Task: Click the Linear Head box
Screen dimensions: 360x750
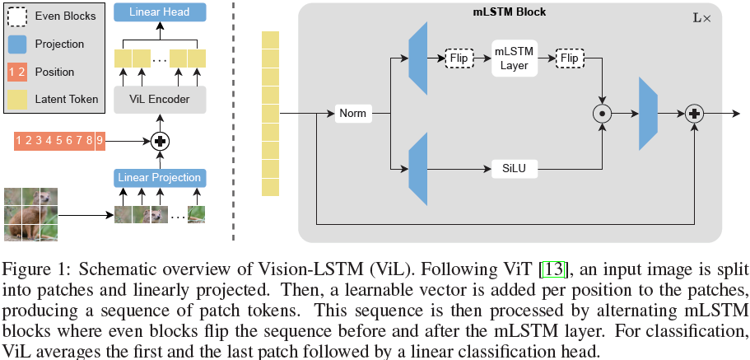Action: (x=159, y=12)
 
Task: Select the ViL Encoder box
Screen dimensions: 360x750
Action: (x=159, y=100)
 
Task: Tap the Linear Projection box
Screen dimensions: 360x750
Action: (x=159, y=178)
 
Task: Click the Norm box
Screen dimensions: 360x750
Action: (x=354, y=114)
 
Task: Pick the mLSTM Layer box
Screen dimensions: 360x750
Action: (x=513, y=58)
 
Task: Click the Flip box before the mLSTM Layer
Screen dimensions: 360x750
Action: (x=458, y=58)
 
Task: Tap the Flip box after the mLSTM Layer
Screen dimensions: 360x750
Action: (x=568, y=58)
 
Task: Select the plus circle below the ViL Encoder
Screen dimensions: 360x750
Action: (x=159, y=140)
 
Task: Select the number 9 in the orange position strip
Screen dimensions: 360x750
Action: (x=100, y=140)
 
